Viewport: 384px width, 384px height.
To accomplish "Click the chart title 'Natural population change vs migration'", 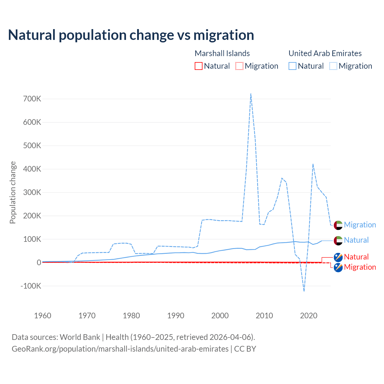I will point(131,35).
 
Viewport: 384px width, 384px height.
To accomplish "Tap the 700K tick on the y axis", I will point(32,99).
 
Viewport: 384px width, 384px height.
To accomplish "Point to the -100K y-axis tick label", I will point(31,286).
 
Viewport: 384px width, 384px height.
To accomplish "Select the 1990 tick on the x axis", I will point(176,316).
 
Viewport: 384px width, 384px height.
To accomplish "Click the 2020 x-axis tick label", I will point(309,316).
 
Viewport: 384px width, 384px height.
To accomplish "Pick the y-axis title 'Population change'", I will point(13,192).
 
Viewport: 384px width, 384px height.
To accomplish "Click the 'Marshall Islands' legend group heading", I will point(222,53).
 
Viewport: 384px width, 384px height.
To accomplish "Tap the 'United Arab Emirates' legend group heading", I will point(325,53).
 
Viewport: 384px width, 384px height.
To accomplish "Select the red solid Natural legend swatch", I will point(199,66).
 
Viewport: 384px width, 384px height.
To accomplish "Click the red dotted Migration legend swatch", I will point(239,66).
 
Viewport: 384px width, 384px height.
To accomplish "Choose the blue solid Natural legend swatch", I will point(292,66).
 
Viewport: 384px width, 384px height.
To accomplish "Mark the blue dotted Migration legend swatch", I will point(333,66).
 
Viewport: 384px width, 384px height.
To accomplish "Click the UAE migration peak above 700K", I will point(251,94).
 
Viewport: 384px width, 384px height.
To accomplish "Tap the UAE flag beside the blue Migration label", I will point(338,225).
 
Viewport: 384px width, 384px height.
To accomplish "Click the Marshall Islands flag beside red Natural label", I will point(338,257).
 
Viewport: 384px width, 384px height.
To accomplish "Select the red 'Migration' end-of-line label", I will point(360,267).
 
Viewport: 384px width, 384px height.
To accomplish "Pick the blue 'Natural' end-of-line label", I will point(356,240).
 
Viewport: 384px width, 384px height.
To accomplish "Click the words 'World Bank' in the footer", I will point(80,337).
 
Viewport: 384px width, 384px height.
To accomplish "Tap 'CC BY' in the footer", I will point(245,349).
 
